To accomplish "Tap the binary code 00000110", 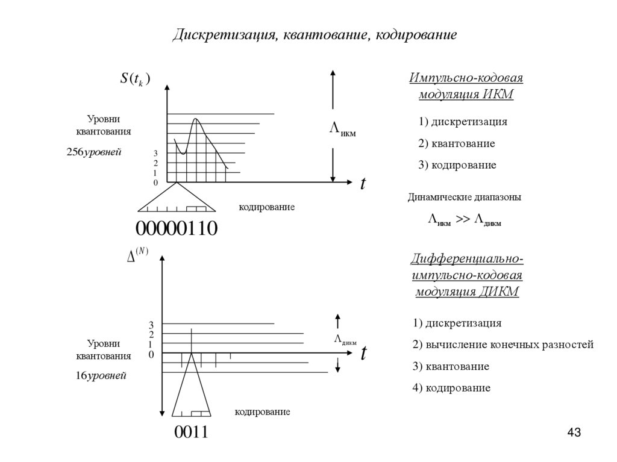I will tap(176, 229).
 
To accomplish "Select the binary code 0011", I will tap(191, 432).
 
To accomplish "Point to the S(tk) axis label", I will tap(135, 79).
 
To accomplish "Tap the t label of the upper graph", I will tap(363, 184).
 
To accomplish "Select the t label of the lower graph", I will tap(363, 354).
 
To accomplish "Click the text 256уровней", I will tap(94, 152).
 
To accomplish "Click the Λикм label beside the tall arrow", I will tap(342, 128).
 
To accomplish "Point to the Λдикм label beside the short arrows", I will tap(345, 339).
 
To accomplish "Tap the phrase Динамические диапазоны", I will tap(465, 197).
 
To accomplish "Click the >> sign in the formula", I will tap(462, 220).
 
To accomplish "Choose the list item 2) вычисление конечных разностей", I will tap(503, 345).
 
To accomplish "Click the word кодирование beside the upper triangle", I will tap(266, 207).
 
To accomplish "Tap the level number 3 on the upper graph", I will tap(155, 154).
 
